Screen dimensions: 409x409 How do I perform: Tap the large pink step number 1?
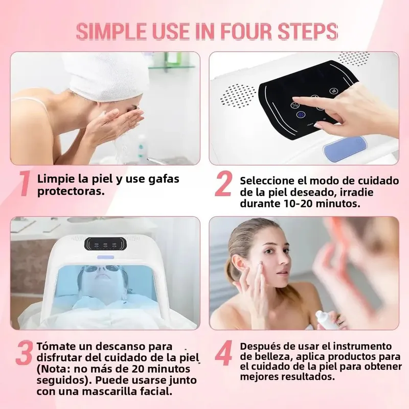pos(25,184)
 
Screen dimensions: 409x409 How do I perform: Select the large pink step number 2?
pos(223,184)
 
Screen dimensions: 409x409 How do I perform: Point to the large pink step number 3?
pos(24,353)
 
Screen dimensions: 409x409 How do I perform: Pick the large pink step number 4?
pos(223,353)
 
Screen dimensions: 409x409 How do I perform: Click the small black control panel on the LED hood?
pos(105,244)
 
